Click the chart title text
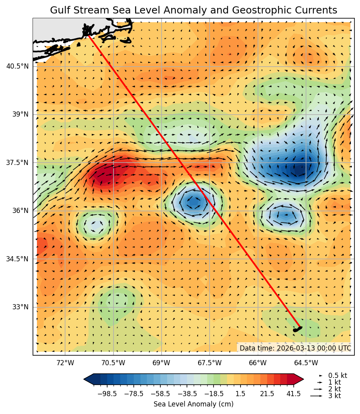(x=193, y=10)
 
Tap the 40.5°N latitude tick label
(x=17, y=66)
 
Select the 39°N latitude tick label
(x=21, y=114)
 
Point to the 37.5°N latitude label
(x=17, y=163)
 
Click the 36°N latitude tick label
(x=21, y=211)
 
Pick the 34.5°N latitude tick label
(x=17, y=259)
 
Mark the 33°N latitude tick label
(x=21, y=307)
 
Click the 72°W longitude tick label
(x=65, y=362)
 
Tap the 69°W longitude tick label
(x=162, y=362)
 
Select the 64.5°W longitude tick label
(x=306, y=362)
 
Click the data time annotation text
(x=295, y=348)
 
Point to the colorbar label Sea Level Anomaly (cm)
(x=193, y=404)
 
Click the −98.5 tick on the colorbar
(x=107, y=394)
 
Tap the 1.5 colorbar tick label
(x=240, y=394)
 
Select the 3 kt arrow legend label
(x=334, y=396)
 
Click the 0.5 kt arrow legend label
(x=337, y=376)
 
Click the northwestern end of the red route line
(x=88, y=35)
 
